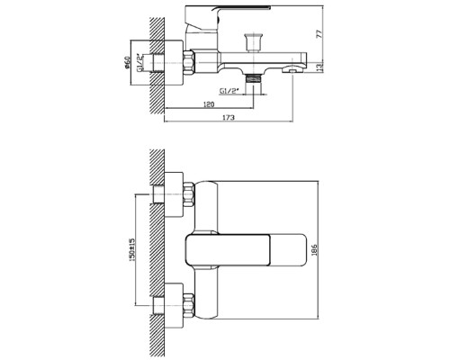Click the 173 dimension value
pyautogui.click(x=229, y=118)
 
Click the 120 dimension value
pyautogui.click(x=209, y=104)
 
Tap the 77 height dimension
pyautogui.click(x=320, y=33)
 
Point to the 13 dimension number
pyautogui.click(x=320, y=67)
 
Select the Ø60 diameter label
pyautogui.click(x=127, y=62)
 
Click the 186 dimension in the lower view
pyautogui.click(x=314, y=249)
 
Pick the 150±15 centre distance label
pyautogui.click(x=132, y=249)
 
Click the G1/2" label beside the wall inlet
pyautogui.click(x=139, y=63)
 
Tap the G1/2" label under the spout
pyautogui.click(x=229, y=90)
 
